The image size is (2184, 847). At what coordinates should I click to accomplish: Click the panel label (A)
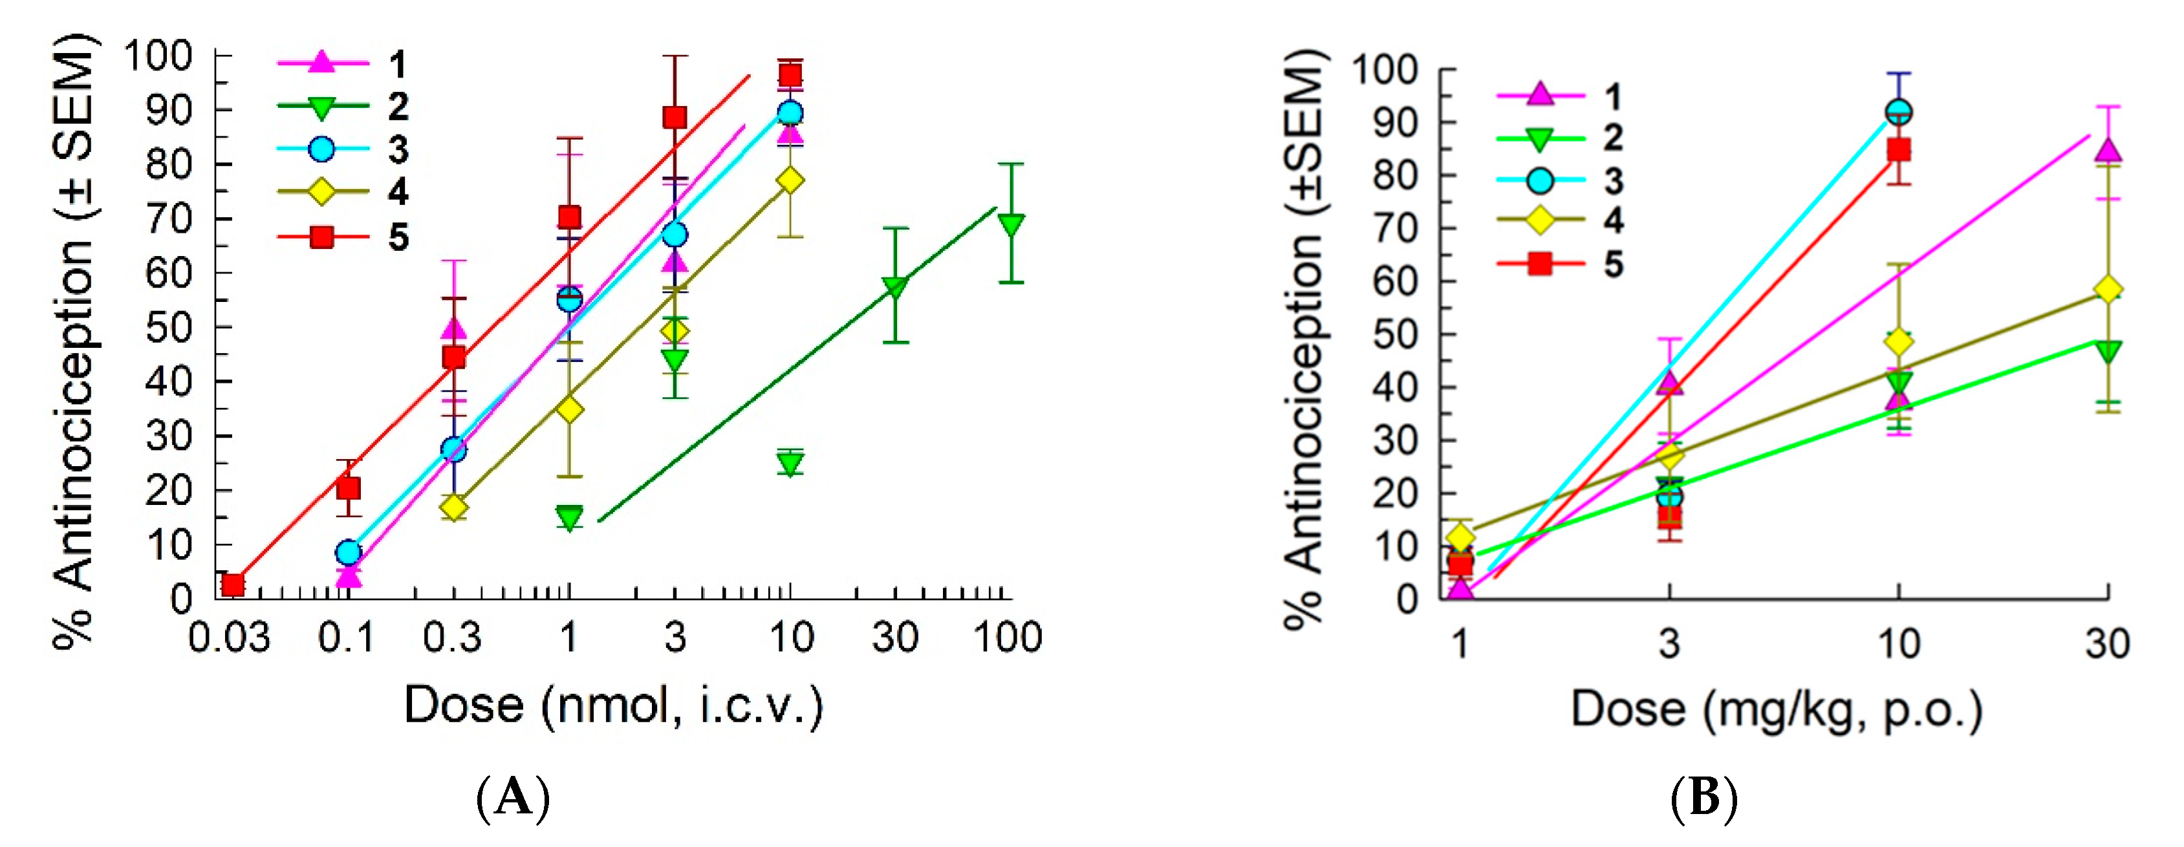tap(514, 797)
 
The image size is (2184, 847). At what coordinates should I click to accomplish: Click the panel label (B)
tap(1704, 797)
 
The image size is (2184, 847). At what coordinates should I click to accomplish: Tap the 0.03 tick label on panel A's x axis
tap(229, 638)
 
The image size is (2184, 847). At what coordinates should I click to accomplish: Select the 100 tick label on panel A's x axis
tap(1007, 638)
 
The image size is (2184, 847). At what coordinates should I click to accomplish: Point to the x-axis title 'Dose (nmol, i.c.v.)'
tap(613, 705)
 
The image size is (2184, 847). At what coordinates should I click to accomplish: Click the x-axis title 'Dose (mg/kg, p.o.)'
tap(1776, 709)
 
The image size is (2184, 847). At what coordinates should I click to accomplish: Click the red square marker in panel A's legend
tap(321, 237)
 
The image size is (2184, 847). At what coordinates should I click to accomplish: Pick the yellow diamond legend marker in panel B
tap(1540, 220)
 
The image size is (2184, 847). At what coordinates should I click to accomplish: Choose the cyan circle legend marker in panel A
tap(321, 149)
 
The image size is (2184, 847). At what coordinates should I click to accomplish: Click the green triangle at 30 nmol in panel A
tap(895, 286)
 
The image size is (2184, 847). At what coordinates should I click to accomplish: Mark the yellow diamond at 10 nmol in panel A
tap(790, 180)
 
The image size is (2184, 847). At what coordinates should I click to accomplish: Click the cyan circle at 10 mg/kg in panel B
tap(1898, 112)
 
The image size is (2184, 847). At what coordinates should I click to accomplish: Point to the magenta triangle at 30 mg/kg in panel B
tap(2108, 151)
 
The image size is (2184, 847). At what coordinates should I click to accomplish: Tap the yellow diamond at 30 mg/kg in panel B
tap(2108, 290)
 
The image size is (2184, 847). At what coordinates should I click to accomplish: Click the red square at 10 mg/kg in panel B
tap(1899, 150)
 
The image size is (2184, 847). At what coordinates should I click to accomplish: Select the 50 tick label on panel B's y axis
tap(1395, 335)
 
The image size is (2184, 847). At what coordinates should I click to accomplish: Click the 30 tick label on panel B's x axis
tap(2107, 645)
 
